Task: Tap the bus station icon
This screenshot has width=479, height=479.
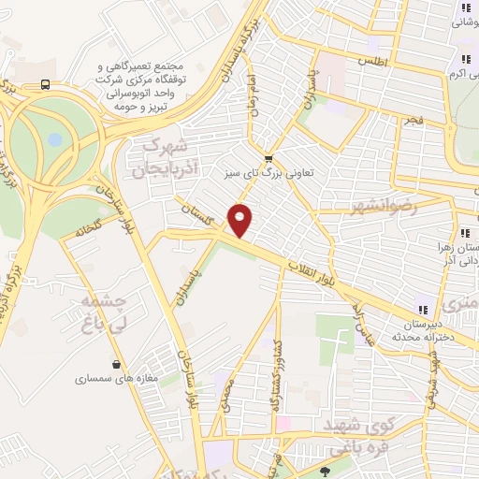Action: [x=45, y=83]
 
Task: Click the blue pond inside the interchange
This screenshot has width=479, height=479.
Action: [x=54, y=140]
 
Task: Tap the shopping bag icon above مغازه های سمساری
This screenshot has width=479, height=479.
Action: [x=116, y=364]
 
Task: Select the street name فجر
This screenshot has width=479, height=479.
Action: [x=413, y=121]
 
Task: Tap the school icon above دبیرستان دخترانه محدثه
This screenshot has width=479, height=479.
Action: [x=422, y=310]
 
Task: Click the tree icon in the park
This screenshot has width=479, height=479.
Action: [x=325, y=471]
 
